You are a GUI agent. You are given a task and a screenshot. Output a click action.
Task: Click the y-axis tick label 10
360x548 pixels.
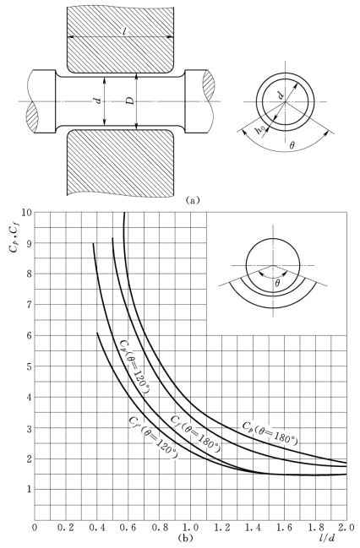pos(26,212)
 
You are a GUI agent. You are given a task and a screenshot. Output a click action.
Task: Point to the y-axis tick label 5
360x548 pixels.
pos(29,366)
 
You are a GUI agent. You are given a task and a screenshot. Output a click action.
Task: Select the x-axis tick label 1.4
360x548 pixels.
pos(253,527)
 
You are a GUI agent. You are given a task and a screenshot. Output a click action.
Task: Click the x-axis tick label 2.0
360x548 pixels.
pos(346,527)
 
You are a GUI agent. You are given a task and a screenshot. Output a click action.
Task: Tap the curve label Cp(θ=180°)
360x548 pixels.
pos(270,433)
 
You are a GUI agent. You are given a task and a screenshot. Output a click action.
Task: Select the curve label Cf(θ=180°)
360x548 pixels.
pos(195,434)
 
